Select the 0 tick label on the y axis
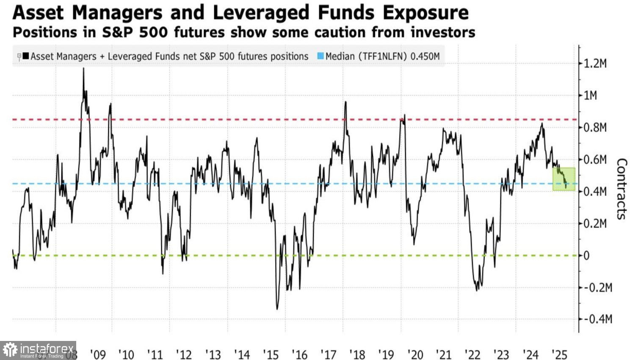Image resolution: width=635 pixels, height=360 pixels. coord(586,255)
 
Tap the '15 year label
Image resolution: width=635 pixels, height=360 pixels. coord(271,354)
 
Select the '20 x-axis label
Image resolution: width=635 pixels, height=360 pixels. coord(415,354)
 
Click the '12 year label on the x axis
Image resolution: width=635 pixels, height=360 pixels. coord(184,354)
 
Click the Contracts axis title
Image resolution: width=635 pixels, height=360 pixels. coord(621,189)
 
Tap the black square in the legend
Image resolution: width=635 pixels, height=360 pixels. coord(26,56)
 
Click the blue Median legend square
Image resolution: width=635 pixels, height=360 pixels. coord(320,56)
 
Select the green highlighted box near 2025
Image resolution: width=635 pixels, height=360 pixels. coord(564,179)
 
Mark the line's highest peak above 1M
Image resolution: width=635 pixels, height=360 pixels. coord(83,69)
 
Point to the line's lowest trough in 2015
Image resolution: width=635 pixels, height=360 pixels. coord(277,309)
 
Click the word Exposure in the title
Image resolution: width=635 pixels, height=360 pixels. coord(425,13)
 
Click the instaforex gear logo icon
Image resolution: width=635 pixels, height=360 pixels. coord(10,350)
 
